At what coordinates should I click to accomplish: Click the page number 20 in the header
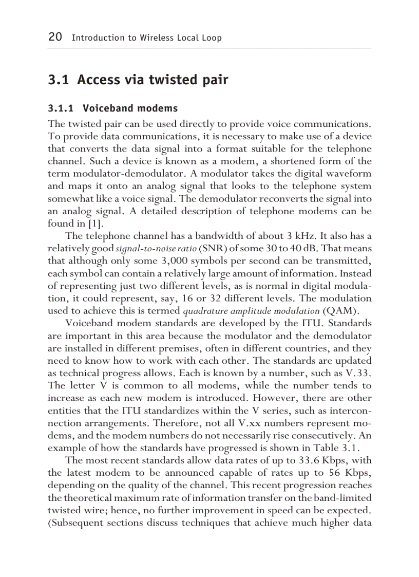click(55, 37)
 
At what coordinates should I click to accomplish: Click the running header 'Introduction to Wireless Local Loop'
click(146, 38)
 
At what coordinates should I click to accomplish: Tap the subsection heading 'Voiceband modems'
click(130, 108)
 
